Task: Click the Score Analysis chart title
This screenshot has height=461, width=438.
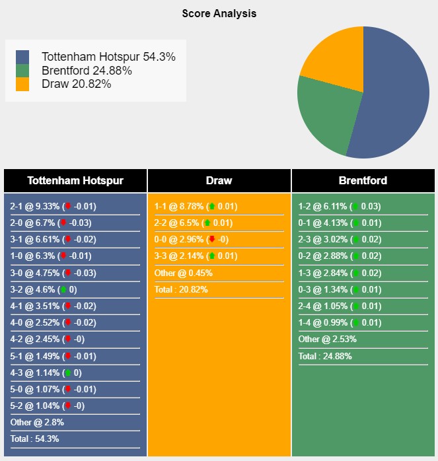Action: pos(219,13)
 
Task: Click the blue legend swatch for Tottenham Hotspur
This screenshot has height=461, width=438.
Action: pos(22,57)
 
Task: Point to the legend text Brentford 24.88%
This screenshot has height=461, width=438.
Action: pos(86,71)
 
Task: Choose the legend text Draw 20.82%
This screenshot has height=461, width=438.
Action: pos(76,84)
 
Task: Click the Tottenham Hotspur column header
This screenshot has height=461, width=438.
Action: pos(75,180)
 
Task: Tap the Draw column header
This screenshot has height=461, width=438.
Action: pos(219,180)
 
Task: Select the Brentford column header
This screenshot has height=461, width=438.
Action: pos(363,180)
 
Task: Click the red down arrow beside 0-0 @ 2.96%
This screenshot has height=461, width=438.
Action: pos(212,239)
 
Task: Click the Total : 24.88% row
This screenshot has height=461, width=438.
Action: pos(325,356)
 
